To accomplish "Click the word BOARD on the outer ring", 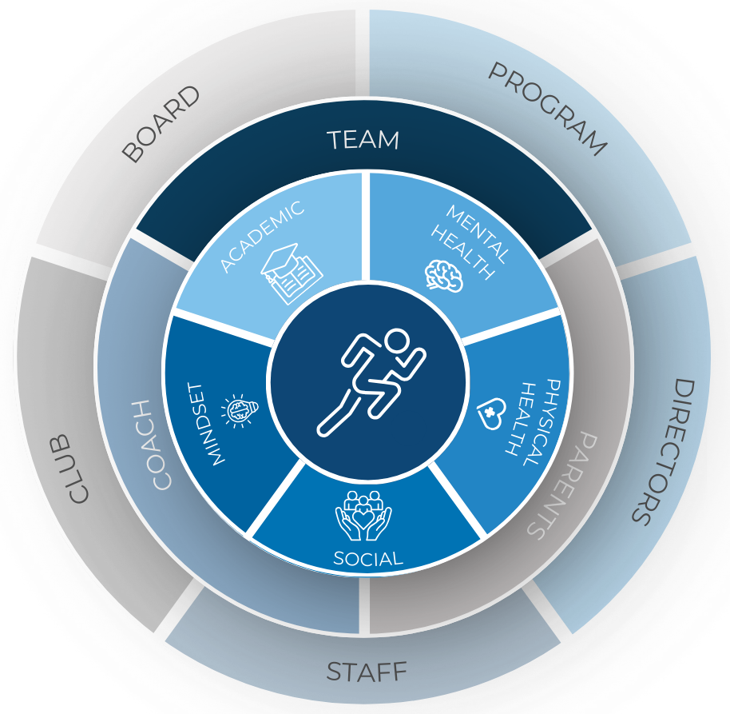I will pyautogui.click(x=161, y=125).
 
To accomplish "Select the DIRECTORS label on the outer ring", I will pyautogui.click(x=662, y=452).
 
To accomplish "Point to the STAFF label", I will pyautogui.click(x=367, y=672).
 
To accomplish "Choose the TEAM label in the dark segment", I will pyautogui.click(x=363, y=140).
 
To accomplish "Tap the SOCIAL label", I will pyautogui.click(x=367, y=559).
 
